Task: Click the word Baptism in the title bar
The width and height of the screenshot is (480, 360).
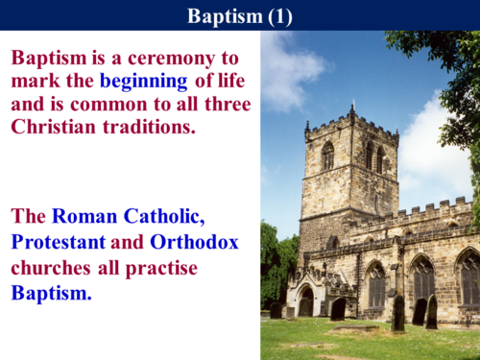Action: [220, 15]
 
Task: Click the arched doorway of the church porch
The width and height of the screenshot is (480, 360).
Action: [305, 305]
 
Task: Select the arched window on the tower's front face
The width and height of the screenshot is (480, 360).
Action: [327, 156]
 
